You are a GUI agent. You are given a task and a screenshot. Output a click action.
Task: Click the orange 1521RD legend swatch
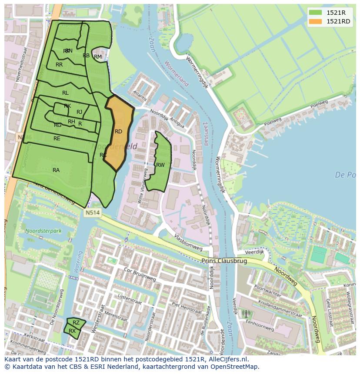[316, 21]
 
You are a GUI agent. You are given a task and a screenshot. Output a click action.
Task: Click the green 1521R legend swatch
[316, 13]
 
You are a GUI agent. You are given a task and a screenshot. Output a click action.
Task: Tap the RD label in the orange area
[118, 132]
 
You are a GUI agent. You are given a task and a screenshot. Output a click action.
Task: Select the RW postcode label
[160, 165]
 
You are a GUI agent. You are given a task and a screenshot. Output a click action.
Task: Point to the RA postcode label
[56, 170]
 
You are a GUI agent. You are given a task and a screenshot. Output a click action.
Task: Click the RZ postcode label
[76, 323]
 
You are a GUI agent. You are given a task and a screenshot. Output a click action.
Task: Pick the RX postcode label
[72, 331]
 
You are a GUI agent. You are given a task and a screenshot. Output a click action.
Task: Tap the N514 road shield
[92, 213]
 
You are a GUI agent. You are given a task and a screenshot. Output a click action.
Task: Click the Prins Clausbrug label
[224, 261]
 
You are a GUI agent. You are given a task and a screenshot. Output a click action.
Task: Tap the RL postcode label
[65, 93]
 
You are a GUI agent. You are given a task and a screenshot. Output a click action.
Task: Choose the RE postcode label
[57, 139]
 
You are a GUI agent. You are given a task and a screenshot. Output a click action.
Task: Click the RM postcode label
[98, 57]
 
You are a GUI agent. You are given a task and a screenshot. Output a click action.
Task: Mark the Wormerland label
[177, 73]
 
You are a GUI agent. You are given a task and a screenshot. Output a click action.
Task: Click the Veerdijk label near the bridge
[254, 252]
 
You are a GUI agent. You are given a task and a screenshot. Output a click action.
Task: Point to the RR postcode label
[59, 65]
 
